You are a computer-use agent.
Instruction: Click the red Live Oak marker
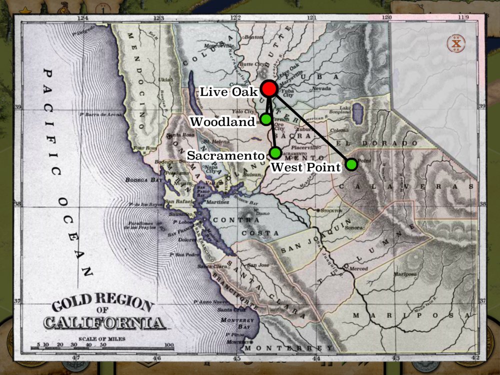[x=269, y=89]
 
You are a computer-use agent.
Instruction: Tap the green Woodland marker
[x=266, y=119]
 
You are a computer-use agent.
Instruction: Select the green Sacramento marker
[x=275, y=153]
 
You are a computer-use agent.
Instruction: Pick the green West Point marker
[x=351, y=164]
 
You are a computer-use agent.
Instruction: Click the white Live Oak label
[x=228, y=92]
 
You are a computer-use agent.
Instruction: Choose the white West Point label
[x=305, y=167]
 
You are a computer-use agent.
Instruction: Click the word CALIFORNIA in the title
[x=104, y=322]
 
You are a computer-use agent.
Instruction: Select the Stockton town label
[x=333, y=211]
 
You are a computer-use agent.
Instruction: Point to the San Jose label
[x=258, y=264]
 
